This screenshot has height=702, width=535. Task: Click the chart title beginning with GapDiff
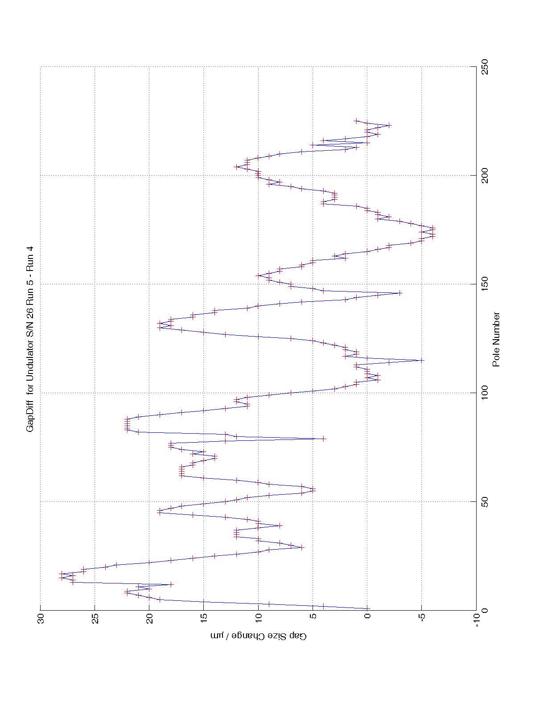click(30, 339)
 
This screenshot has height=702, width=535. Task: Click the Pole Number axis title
click(496, 339)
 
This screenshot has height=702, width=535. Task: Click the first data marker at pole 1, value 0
click(367, 608)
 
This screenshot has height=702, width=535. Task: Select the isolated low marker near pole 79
click(324, 439)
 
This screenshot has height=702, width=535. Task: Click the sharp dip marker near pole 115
click(421, 360)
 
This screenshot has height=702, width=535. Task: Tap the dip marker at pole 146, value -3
click(399, 293)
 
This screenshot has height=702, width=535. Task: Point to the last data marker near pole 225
click(356, 121)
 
